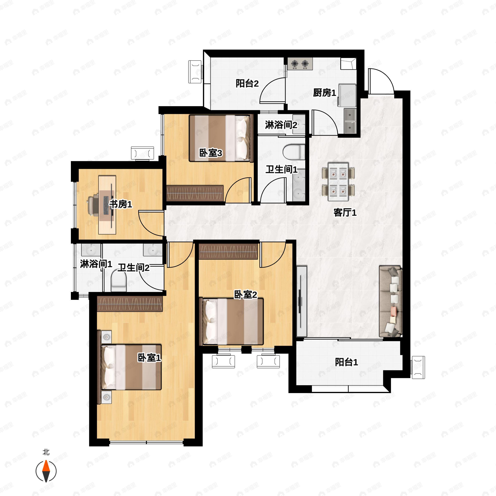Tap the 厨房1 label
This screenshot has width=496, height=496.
pyautogui.click(x=324, y=93)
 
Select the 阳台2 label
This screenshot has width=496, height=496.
pyautogui.click(x=247, y=83)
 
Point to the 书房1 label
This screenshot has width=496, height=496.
pyautogui.click(x=121, y=204)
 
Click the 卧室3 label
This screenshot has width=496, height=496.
pyautogui.click(x=211, y=153)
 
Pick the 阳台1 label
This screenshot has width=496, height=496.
pyautogui.click(x=346, y=362)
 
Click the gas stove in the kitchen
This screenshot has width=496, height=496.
pyautogui.click(x=300, y=64)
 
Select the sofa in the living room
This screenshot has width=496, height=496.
pyautogui.click(x=390, y=301)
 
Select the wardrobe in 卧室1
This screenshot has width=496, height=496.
pyautogui.click(x=130, y=304)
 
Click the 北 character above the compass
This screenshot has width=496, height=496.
pyautogui.click(x=46, y=452)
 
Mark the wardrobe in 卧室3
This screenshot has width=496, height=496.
pyautogui.click(x=195, y=193)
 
